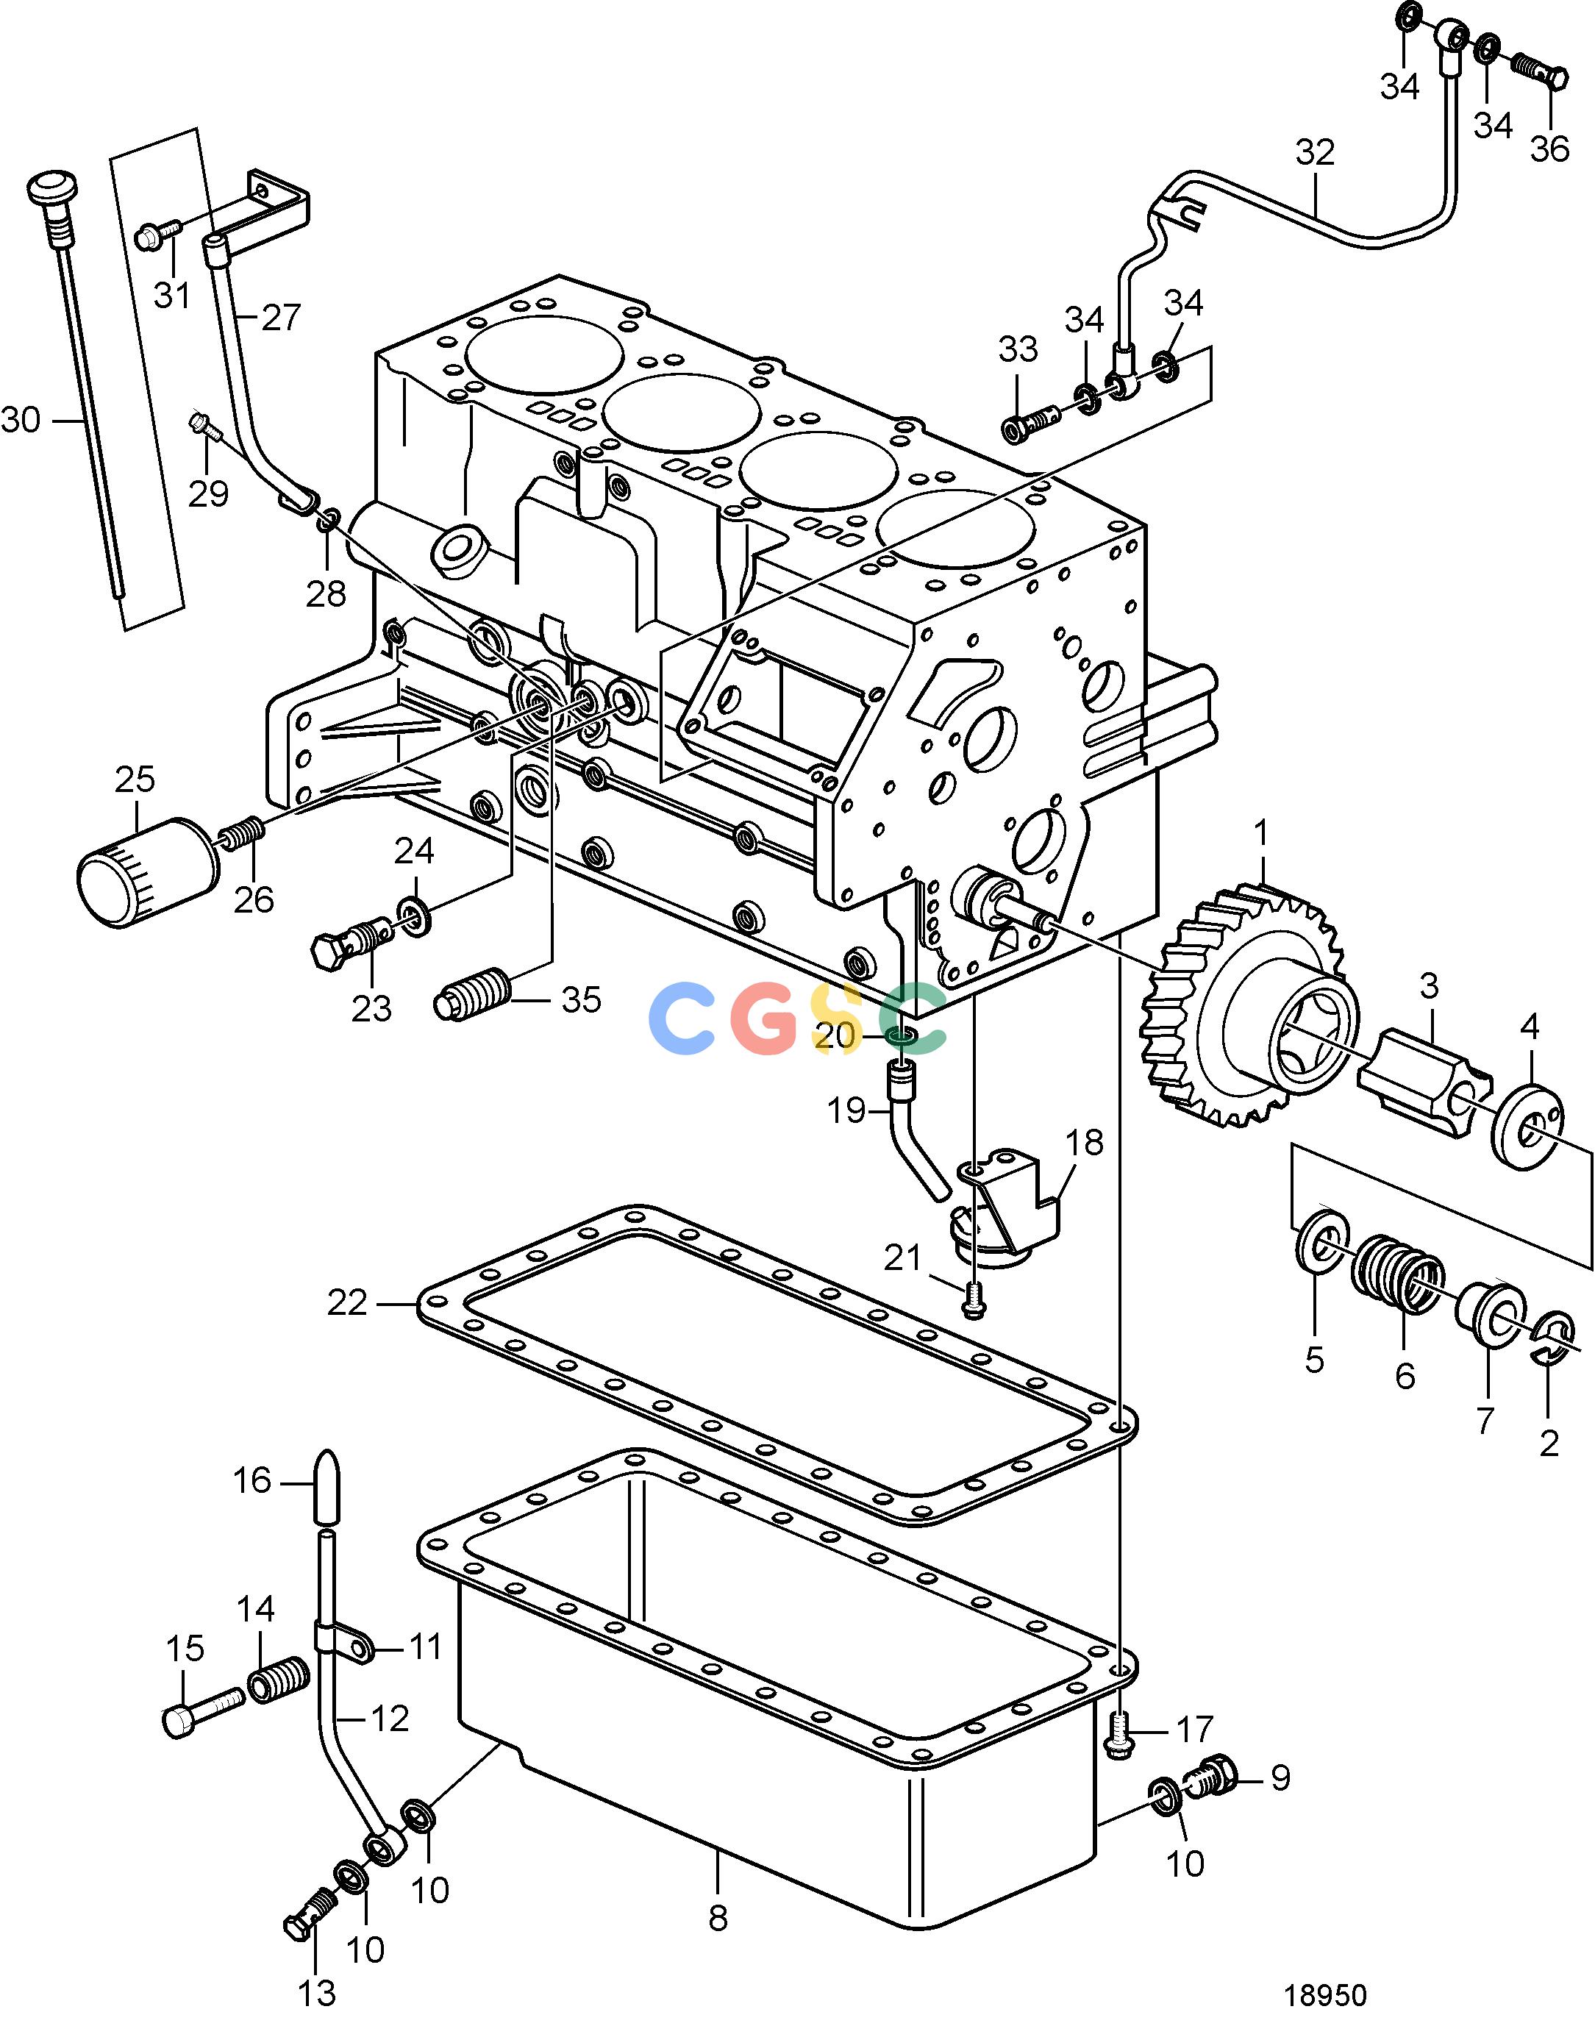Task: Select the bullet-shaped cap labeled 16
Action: [325, 1484]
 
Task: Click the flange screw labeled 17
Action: [1118, 1735]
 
